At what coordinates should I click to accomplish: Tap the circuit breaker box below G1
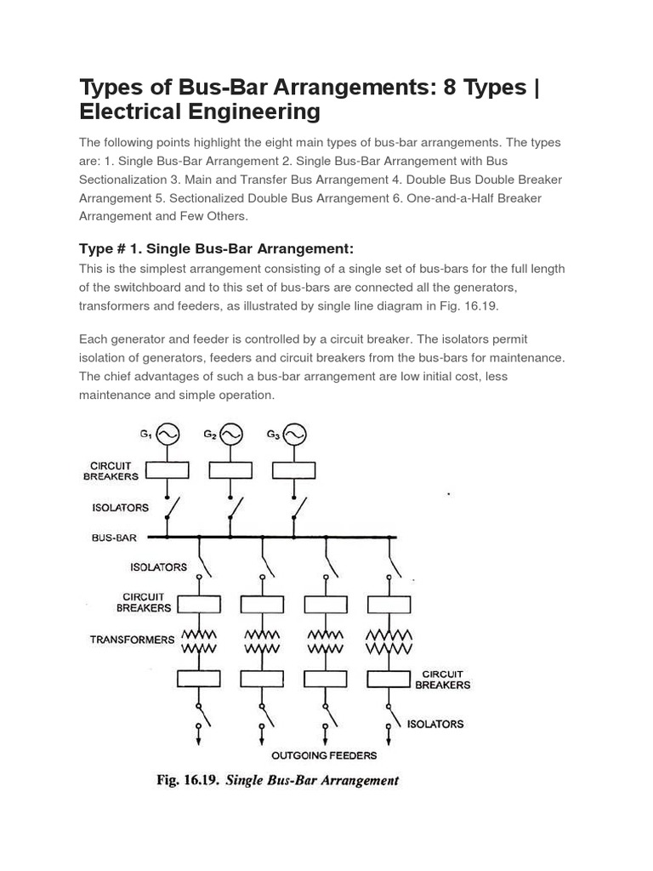(167, 470)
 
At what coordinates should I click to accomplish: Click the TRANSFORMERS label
(132, 639)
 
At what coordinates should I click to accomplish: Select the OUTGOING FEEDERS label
(324, 755)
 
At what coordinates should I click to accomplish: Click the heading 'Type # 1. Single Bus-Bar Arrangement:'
(215, 248)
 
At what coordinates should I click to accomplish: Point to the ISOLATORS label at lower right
(435, 724)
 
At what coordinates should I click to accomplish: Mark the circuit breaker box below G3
(294, 470)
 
